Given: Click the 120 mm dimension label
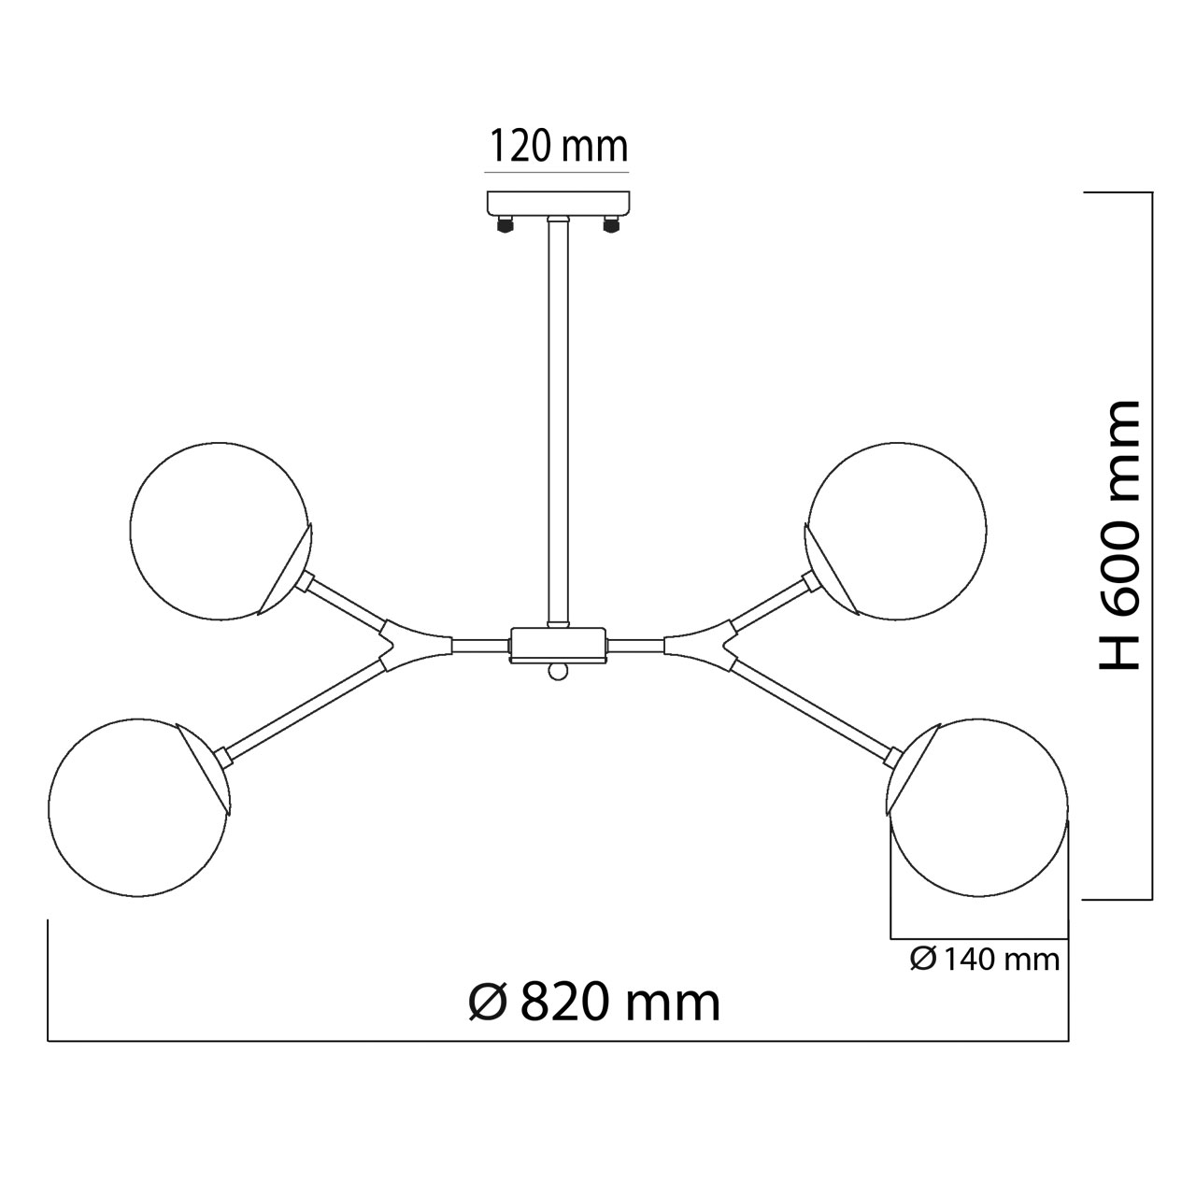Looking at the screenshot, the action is pyautogui.click(x=559, y=147).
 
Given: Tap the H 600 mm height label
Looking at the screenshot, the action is pyautogui.click(x=1119, y=534).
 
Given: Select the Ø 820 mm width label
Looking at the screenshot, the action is pyautogui.click(x=594, y=1003).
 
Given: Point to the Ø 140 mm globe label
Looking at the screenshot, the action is pyautogui.click(x=985, y=960).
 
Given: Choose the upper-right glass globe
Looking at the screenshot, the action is pyautogui.click(x=897, y=531).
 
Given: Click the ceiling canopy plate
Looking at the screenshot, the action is pyautogui.click(x=559, y=203).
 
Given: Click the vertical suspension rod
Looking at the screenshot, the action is pyautogui.click(x=558, y=422).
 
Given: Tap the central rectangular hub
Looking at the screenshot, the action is pyautogui.click(x=558, y=645).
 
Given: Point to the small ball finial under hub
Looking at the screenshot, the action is pyautogui.click(x=558, y=671).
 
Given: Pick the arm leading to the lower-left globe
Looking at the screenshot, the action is pyautogui.click(x=304, y=711).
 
